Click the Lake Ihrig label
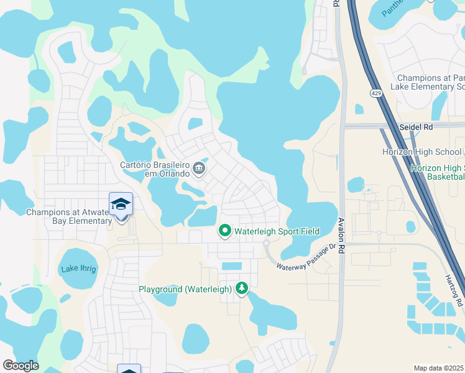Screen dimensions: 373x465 [78, 269]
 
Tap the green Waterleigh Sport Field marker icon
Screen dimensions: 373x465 [224, 231]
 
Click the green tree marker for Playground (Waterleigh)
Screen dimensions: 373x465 [241, 288]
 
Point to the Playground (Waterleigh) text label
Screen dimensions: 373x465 [185, 289]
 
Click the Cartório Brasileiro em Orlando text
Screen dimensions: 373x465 [155, 169]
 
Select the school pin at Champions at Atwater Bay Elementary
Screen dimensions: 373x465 [121, 205]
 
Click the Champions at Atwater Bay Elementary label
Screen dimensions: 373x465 [68, 216]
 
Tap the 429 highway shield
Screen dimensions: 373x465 [376, 93]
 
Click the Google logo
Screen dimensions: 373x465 [21, 365]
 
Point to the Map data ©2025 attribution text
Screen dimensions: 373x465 [439, 368]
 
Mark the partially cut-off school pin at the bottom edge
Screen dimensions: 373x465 [129, 369]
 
